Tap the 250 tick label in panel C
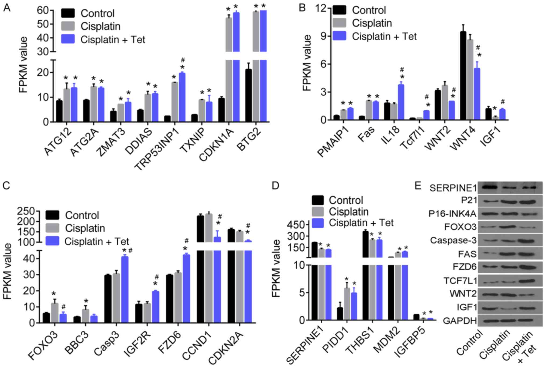pos(26,212)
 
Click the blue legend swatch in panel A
pos(68,40)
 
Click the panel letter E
pos(417,185)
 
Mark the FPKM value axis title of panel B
pos(306,63)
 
